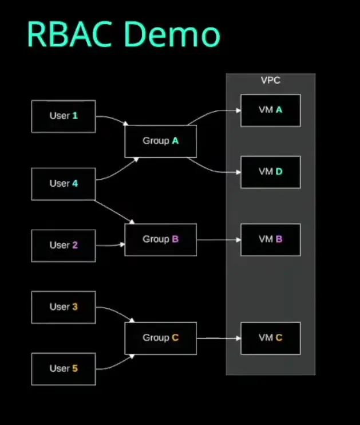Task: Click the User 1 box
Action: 64,116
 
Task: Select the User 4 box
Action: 64,184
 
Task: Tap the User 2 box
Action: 64,245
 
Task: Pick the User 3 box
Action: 64,307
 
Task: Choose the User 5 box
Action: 64,369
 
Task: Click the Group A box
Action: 160,141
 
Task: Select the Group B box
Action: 160,239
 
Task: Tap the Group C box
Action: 160,338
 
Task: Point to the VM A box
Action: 270,110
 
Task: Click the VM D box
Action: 270,172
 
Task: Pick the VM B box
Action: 270,239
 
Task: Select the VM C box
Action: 270,338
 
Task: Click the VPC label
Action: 270,81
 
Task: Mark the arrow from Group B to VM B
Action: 219,239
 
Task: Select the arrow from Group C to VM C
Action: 219,338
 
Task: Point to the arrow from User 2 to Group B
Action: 110,245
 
